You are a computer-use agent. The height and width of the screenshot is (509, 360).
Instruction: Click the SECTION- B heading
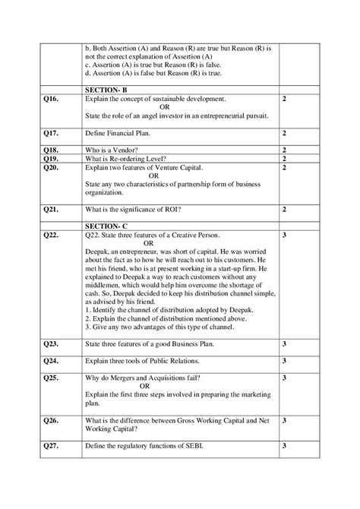(107, 89)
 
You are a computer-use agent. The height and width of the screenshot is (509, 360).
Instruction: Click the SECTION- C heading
(107, 226)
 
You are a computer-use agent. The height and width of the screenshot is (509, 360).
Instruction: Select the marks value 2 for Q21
(283, 208)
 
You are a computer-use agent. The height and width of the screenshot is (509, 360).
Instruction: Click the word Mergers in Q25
(125, 378)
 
